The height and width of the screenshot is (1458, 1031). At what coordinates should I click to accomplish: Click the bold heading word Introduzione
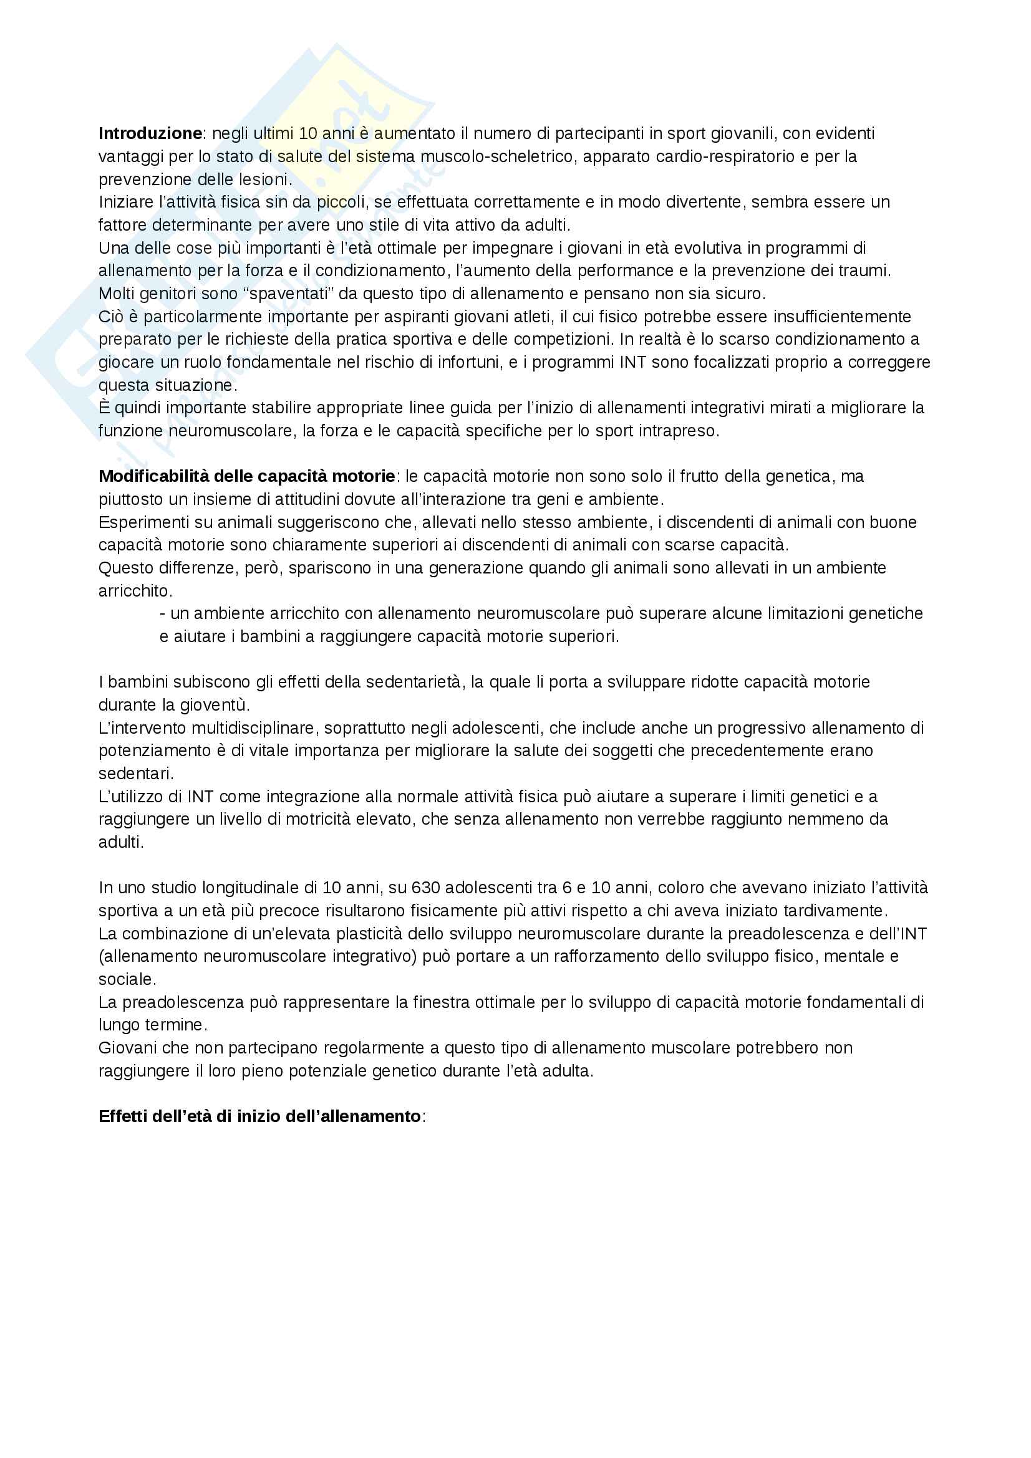[150, 133]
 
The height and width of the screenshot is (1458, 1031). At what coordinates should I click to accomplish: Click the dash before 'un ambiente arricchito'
[163, 613]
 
